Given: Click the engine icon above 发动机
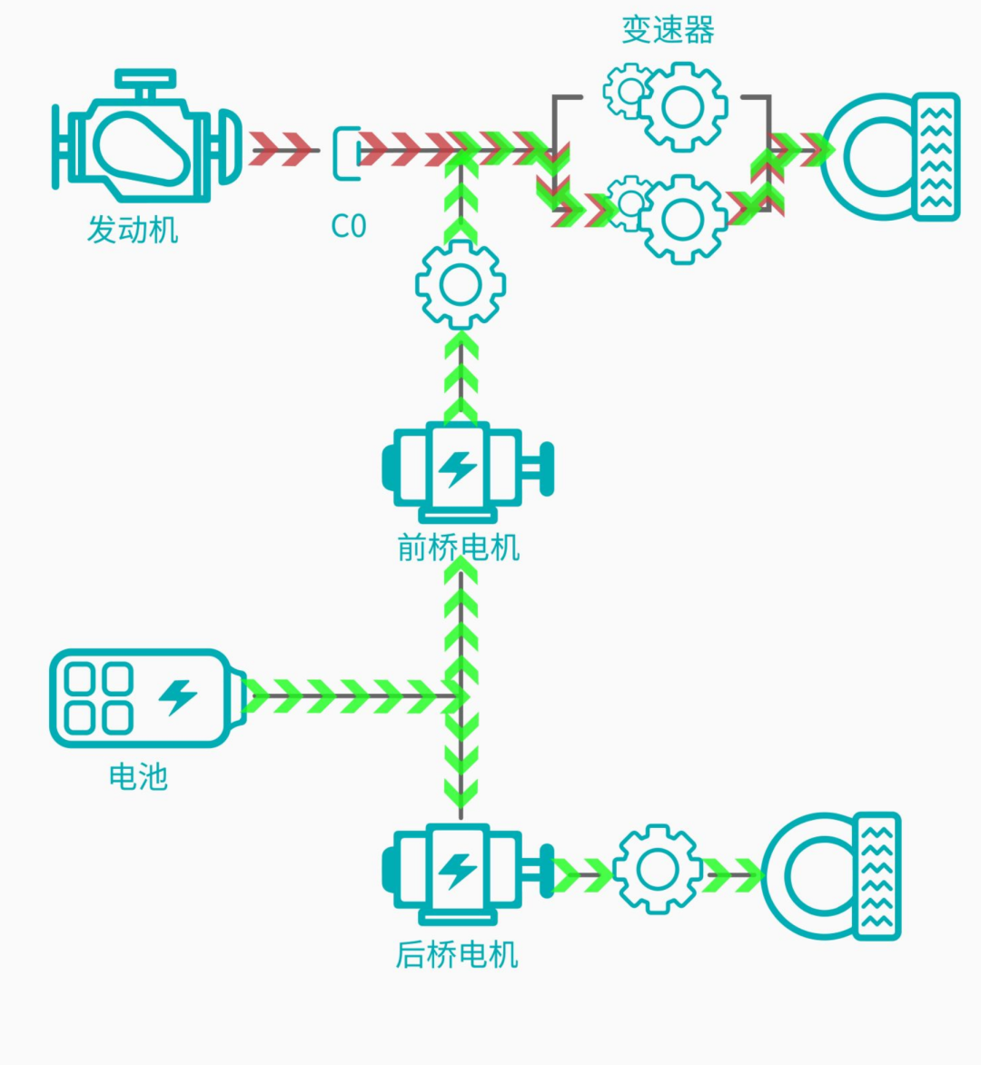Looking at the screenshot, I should [x=145, y=136].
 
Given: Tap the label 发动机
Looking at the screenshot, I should [x=133, y=230].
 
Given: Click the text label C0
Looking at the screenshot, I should [x=348, y=226].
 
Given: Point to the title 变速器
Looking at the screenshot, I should [x=668, y=30].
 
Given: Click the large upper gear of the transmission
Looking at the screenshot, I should [x=683, y=107].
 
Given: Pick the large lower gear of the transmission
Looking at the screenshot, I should [x=683, y=218].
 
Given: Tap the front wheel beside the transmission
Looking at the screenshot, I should [x=890, y=156].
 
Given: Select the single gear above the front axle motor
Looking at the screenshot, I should [x=461, y=285].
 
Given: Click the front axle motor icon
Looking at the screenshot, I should [x=463, y=469].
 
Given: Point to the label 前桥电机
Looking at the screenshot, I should [x=459, y=547].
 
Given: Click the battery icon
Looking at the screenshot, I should [x=145, y=698].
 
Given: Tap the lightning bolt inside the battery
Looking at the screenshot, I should [x=178, y=697].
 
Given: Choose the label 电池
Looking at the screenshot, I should [x=138, y=777].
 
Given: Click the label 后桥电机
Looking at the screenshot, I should [x=457, y=955].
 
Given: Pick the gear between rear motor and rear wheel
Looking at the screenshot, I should [x=657, y=869].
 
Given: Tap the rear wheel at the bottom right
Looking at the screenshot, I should [x=831, y=875].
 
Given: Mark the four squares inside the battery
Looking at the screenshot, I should [x=100, y=698].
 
